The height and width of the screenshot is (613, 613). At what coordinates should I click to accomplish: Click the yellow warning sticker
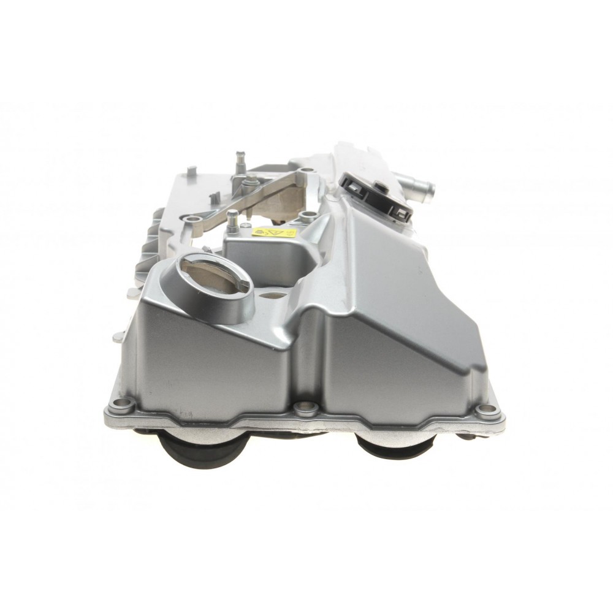click(274, 234)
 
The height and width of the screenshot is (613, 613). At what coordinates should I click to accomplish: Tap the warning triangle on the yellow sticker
click(261, 233)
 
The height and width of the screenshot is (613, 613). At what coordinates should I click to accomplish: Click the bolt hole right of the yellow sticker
click(308, 215)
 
